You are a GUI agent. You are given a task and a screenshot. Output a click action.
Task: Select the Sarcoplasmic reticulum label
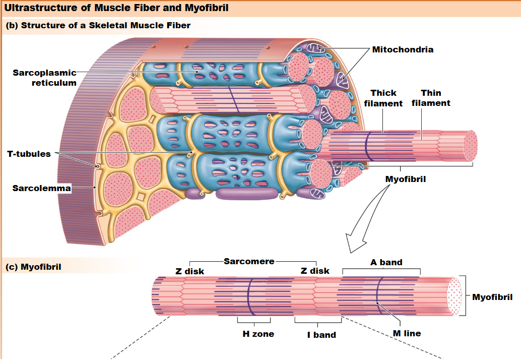pyautogui.click(x=45, y=78)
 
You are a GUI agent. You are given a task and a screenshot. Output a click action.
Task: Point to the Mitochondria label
pyautogui.click(x=403, y=49)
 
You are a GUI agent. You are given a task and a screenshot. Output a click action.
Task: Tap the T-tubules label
pyautogui.click(x=29, y=154)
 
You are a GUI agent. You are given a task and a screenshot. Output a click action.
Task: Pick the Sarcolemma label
pyautogui.click(x=42, y=189)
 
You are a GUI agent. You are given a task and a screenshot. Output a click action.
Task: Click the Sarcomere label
pyautogui.click(x=249, y=261)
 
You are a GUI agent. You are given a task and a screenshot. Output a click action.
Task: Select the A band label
pyautogui.click(x=386, y=262)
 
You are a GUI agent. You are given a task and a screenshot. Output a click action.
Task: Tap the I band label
pyautogui.click(x=321, y=334)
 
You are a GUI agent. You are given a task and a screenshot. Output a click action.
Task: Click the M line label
pyautogui.click(x=407, y=333)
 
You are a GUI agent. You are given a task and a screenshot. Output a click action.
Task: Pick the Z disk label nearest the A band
pyautogui.click(x=315, y=271)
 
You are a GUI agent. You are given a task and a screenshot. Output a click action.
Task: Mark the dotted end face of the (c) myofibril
pyautogui.click(x=454, y=296)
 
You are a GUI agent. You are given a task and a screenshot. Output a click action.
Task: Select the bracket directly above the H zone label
pyautogui.click(x=254, y=321)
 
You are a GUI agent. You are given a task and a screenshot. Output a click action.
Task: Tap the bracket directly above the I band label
pyautogui.click(x=318, y=321)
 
